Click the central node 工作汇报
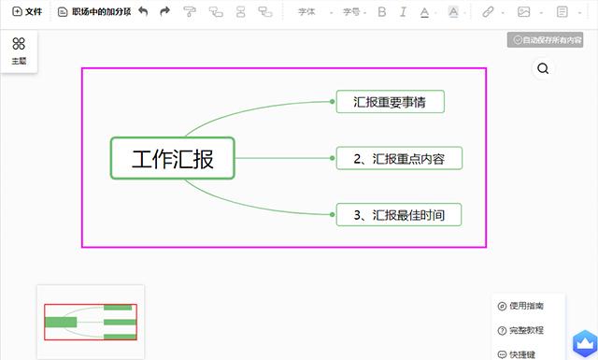click(x=172, y=158)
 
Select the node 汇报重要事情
click(x=390, y=102)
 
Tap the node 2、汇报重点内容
click(x=399, y=159)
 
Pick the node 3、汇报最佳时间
click(x=399, y=215)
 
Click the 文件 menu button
click(x=27, y=12)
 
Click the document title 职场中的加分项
click(x=93, y=12)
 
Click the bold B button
click(x=382, y=12)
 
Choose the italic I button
click(x=403, y=12)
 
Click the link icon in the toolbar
click(x=489, y=12)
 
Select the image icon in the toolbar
click(x=525, y=12)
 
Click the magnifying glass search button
click(x=543, y=68)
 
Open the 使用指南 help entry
click(x=521, y=306)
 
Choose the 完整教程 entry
click(x=521, y=330)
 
